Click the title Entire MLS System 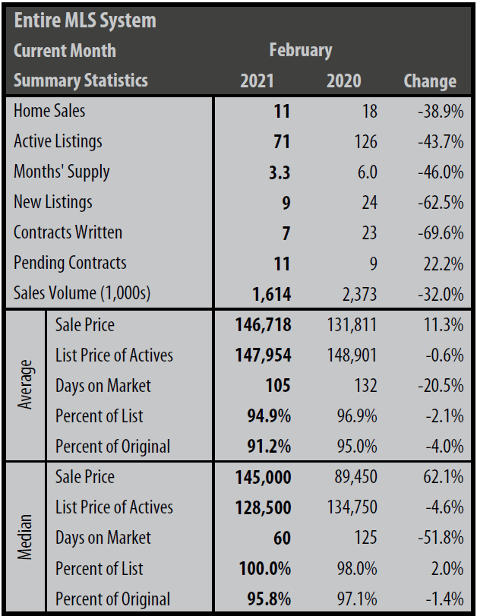tap(85, 20)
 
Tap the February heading tap(300, 50)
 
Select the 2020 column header tap(343, 81)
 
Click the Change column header tap(430, 81)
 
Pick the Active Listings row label tap(58, 141)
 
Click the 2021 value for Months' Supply tap(279, 172)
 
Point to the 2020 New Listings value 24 tap(368, 203)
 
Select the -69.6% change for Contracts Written tap(440, 233)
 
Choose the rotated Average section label tap(26, 384)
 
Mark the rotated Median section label tap(26, 537)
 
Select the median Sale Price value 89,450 tap(350, 477)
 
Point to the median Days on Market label tap(103, 538)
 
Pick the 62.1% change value tap(443, 477)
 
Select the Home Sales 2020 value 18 tap(368, 111)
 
